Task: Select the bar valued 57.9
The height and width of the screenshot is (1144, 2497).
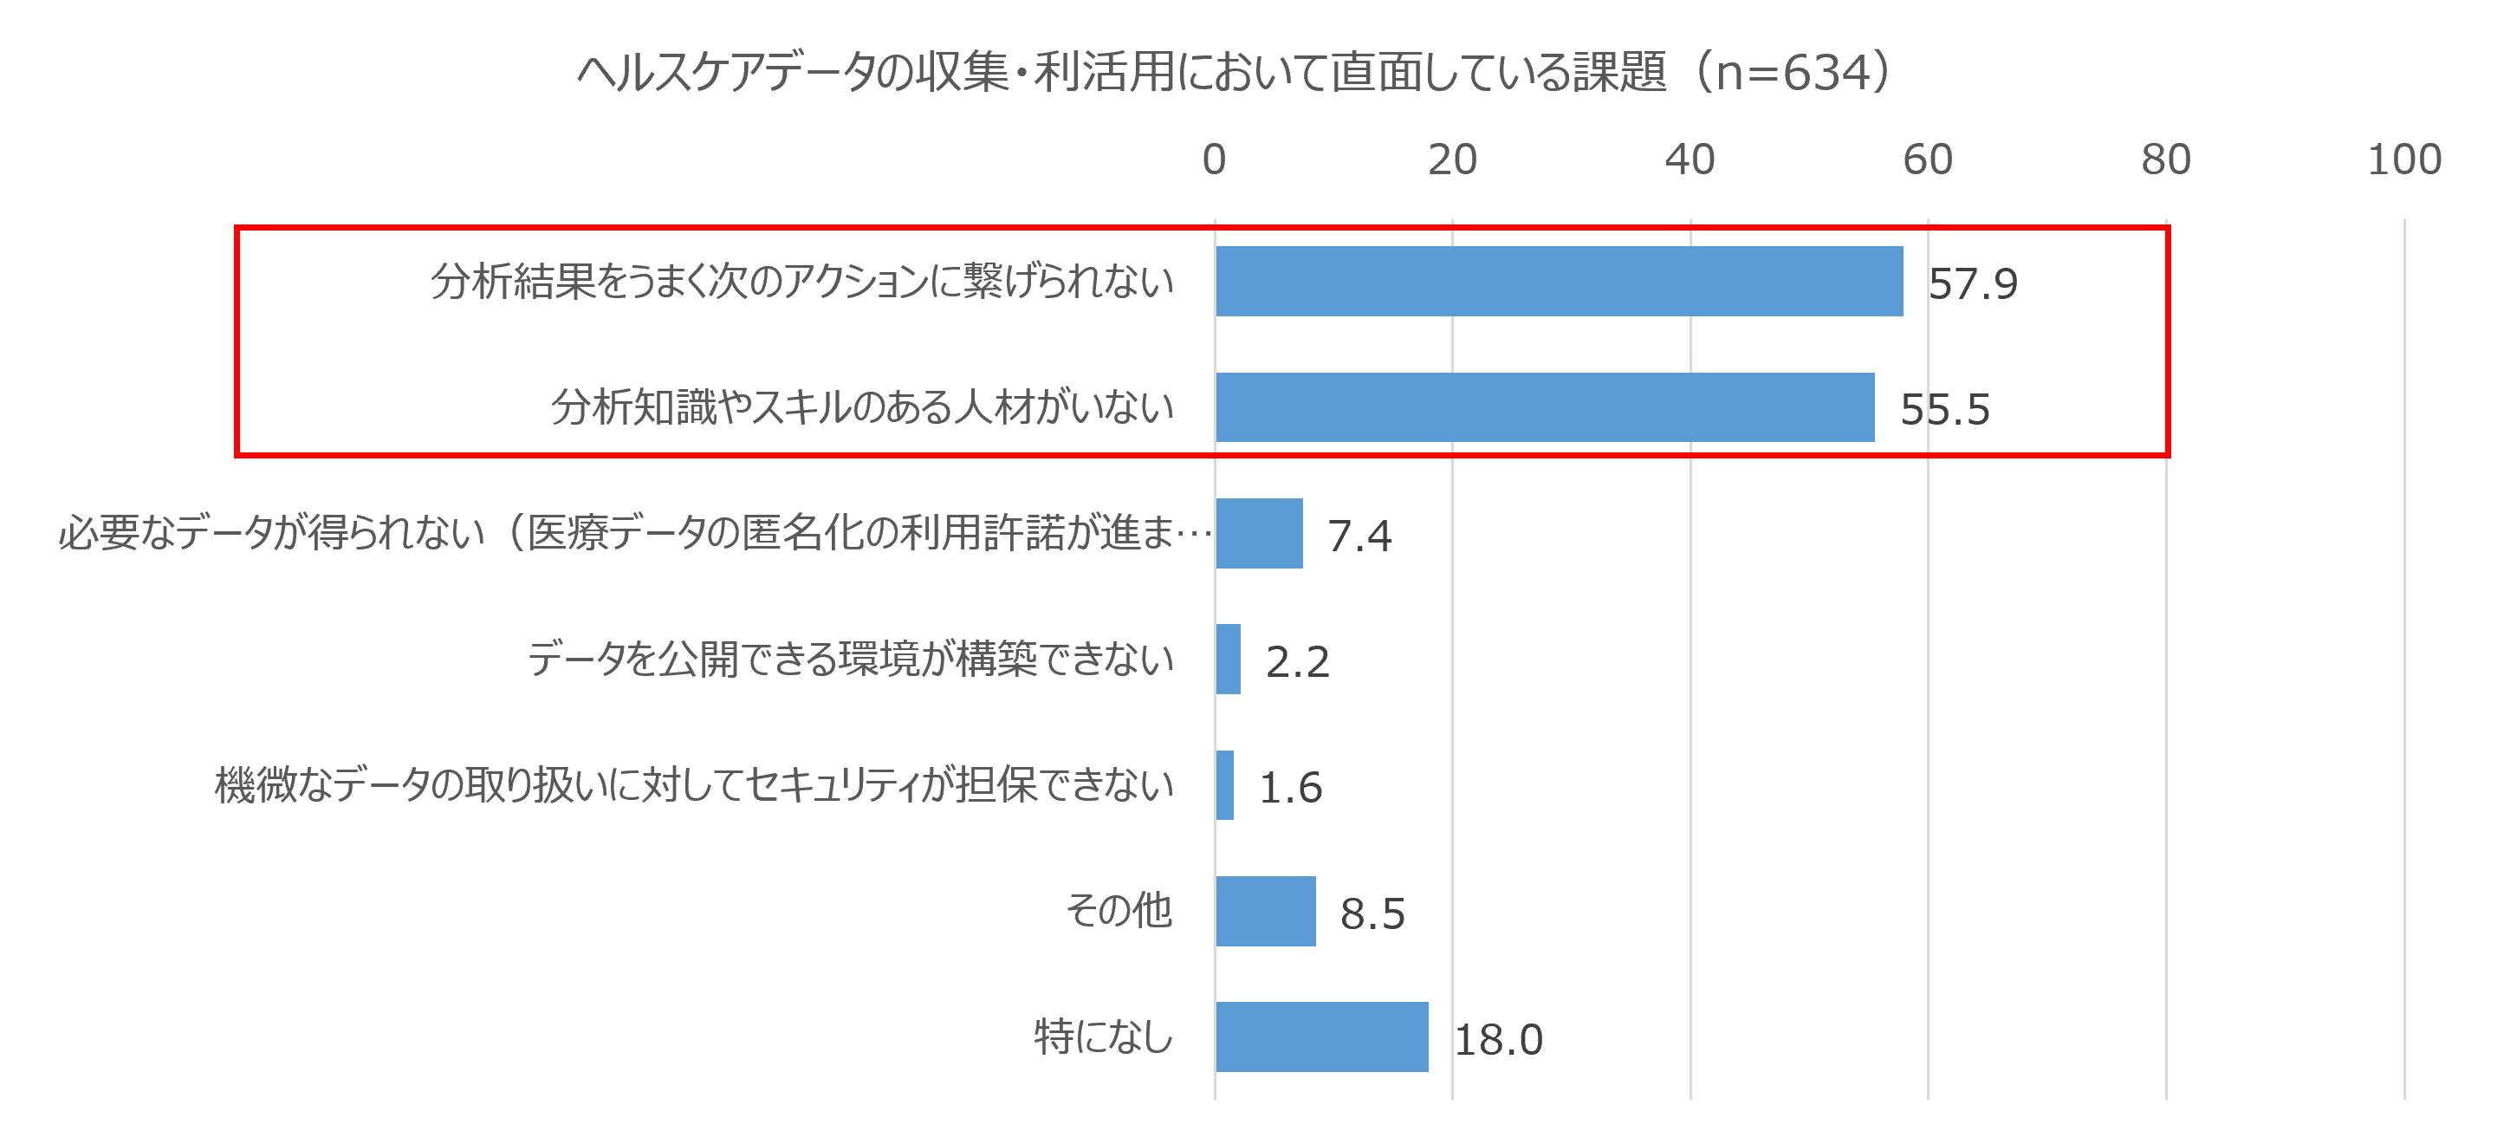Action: (x=1559, y=281)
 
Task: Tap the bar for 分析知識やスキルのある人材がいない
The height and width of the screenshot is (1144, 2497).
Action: (x=1544, y=407)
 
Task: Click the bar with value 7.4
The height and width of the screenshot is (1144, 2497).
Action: (x=1259, y=533)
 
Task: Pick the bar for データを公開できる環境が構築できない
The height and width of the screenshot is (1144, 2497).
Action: (x=1229, y=660)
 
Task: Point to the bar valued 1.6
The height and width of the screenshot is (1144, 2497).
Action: (x=1225, y=785)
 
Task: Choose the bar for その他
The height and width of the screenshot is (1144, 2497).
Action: (x=1266, y=912)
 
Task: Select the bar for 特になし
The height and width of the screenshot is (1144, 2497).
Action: (x=1322, y=1037)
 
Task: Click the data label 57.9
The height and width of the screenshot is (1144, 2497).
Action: (x=1973, y=284)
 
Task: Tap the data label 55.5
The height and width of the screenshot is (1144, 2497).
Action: (x=1944, y=410)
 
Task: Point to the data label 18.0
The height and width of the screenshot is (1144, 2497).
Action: (x=1498, y=1040)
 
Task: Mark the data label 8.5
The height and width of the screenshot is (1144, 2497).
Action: (x=1372, y=914)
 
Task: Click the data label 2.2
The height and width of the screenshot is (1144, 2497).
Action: (x=1297, y=662)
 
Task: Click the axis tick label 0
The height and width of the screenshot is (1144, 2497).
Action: (x=1215, y=160)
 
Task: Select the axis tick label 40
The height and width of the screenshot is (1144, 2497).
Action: (x=1690, y=160)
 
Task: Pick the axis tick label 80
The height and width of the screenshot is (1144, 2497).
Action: (x=2165, y=160)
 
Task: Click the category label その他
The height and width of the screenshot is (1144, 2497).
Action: (x=1119, y=912)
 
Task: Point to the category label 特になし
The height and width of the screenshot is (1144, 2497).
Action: (x=1103, y=1037)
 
